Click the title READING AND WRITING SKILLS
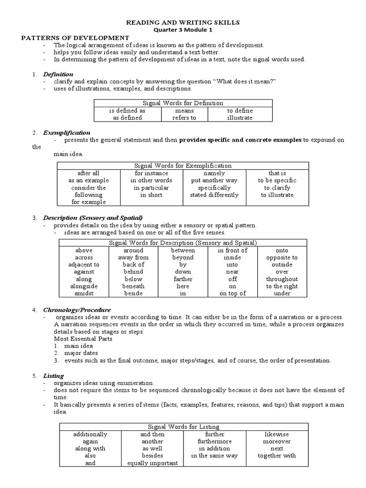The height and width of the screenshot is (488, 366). tap(183, 22)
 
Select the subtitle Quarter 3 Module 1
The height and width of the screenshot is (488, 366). tap(183, 30)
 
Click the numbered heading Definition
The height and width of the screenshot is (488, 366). tap(58, 74)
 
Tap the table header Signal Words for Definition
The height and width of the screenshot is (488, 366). tap(183, 103)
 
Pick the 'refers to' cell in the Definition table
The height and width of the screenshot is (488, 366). tap(184, 118)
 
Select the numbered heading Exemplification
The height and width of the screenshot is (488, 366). tap(67, 132)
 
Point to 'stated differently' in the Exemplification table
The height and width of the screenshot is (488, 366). tap(214, 195)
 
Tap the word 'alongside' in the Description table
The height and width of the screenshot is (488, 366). tap(84, 286)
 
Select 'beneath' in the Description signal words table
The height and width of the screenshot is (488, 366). tap(133, 286)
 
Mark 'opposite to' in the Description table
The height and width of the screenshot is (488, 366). tap(282, 257)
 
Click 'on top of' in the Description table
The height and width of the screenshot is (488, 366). tap(233, 294)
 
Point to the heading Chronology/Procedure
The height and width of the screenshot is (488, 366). tap(77, 310)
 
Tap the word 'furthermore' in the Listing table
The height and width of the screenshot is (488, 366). tap(214, 441)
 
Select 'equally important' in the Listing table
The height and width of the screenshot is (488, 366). tap(152, 463)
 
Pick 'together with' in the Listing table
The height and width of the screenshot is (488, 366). tap(277, 456)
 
